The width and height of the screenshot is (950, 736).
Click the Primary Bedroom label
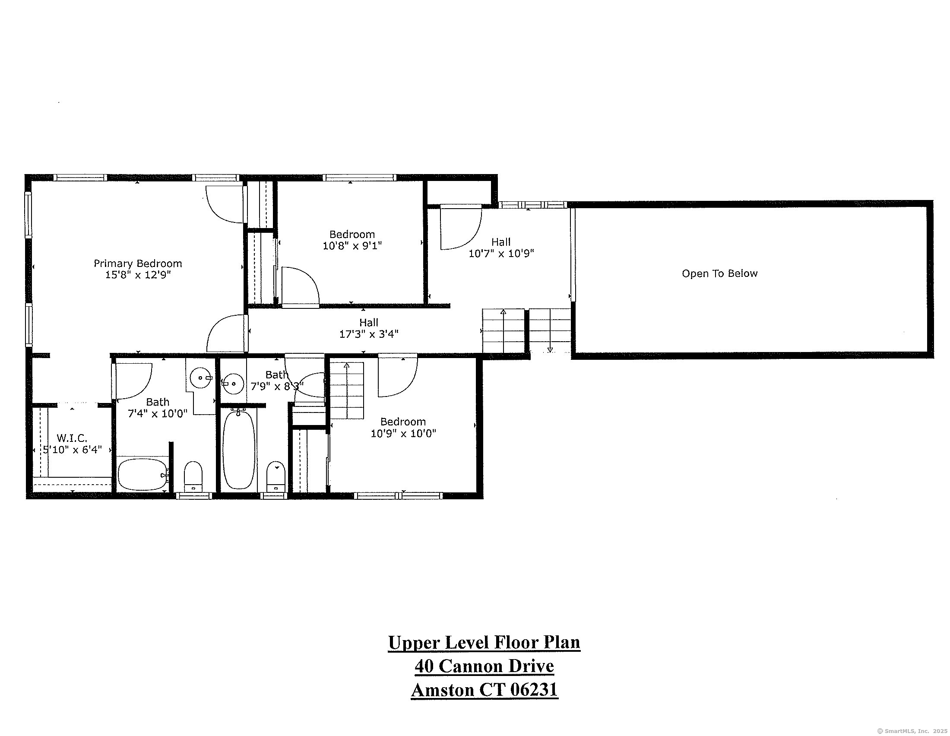tap(138, 263)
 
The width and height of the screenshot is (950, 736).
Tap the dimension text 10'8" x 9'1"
tap(352, 246)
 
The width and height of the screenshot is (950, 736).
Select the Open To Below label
tap(719, 273)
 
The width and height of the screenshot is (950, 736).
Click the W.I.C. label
tap(72, 438)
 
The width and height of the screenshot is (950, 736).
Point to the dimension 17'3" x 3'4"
tap(369, 334)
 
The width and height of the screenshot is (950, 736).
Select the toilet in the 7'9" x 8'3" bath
tap(275, 476)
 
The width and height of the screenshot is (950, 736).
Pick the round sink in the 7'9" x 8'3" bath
tap(234, 383)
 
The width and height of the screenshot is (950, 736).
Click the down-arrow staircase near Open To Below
tap(550, 330)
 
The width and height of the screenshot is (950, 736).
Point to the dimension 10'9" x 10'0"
tap(403, 433)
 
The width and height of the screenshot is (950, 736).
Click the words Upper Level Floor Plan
tap(484, 642)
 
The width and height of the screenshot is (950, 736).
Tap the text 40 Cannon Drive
tap(484, 666)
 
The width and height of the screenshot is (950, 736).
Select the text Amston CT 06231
tap(484, 690)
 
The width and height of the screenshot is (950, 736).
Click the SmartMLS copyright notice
tap(911, 731)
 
